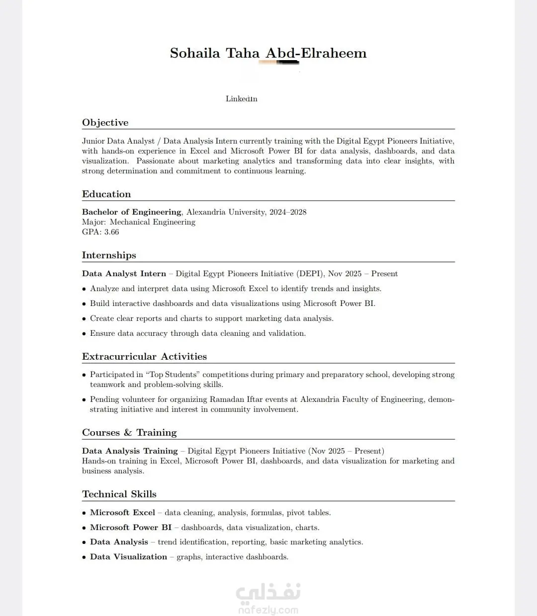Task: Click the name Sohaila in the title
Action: pos(195,53)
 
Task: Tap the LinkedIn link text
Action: pos(241,99)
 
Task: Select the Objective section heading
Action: pos(105,123)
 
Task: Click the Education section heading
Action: pos(106,194)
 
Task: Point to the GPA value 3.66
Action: pos(111,232)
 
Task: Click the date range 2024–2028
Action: pos(288,212)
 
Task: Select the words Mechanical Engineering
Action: pos(152,222)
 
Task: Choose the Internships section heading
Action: pos(109,255)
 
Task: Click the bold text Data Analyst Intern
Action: pos(124,274)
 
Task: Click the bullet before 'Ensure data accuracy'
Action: pos(84,334)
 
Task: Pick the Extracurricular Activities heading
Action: pos(144,357)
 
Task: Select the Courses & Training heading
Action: pos(129,433)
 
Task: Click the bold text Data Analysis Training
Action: pos(130,451)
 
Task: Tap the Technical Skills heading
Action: pos(119,494)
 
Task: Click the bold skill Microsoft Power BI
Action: pos(131,528)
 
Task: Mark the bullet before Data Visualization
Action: pos(84,557)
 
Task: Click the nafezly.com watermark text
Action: pos(268,610)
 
